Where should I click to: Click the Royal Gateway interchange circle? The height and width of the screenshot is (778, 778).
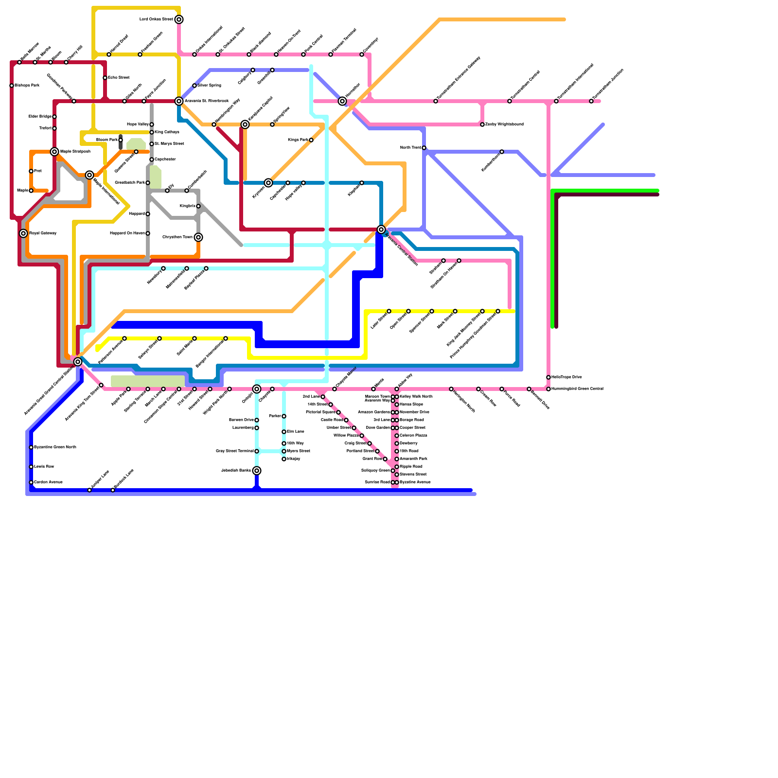[x=23, y=233]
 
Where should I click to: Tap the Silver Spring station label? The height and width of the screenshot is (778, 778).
[x=209, y=86]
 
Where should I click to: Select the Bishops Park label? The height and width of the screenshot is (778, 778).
[x=27, y=86]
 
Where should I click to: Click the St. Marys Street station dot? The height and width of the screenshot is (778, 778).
[x=152, y=144]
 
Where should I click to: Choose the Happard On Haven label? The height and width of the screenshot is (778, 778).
[x=127, y=233]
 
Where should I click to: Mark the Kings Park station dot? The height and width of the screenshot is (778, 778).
[x=311, y=140]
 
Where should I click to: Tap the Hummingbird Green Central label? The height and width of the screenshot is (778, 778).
[x=578, y=389]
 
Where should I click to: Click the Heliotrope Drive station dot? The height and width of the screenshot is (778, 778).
[x=548, y=377]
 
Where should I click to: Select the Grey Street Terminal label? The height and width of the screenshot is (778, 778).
[x=234, y=451]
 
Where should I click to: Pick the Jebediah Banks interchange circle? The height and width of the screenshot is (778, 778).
[x=257, y=471]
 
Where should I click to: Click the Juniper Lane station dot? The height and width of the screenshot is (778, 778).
[x=89, y=490]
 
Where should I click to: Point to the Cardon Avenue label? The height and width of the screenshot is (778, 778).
[x=48, y=482]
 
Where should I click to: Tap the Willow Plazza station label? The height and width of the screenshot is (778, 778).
[x=346, y=436]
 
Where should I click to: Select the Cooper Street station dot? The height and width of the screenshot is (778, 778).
[x=397, y=428]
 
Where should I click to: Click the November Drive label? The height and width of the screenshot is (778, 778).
[x=414, y=412]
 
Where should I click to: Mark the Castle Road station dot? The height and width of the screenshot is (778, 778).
[x=346, y=420]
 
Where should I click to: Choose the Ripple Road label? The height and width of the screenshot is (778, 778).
[x=411, y=467]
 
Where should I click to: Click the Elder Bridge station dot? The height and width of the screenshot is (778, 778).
[x=54, y=117]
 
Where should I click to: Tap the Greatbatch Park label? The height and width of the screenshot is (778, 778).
[x=129, y=183]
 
